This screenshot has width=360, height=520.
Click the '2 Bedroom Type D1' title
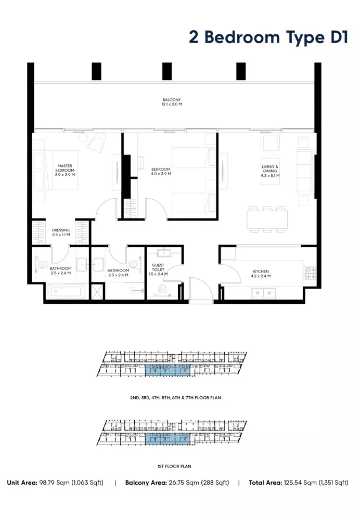tap(268, 37)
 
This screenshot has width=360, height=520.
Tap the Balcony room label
tap(172, 102)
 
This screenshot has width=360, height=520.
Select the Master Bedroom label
tap(65, 170)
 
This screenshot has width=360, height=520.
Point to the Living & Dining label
tap(270, 171)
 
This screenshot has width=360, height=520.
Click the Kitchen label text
tap(261, 274)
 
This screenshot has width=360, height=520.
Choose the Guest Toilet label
tap(158, 269)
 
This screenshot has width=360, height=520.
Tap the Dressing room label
tap(61, 232)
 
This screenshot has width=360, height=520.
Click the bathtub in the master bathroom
tap(65, 292)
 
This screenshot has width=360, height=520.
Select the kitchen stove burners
tap(310, 274)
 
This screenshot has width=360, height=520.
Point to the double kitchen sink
tap(263, 293)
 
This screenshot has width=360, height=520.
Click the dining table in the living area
tap(267, 219)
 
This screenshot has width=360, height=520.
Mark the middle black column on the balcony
tap(167, 71)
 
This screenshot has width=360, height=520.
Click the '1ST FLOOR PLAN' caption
tap(174, 466)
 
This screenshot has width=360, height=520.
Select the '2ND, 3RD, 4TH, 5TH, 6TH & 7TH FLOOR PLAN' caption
tap(175, 398)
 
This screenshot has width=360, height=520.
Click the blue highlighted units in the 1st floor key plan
tap(168, 439)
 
